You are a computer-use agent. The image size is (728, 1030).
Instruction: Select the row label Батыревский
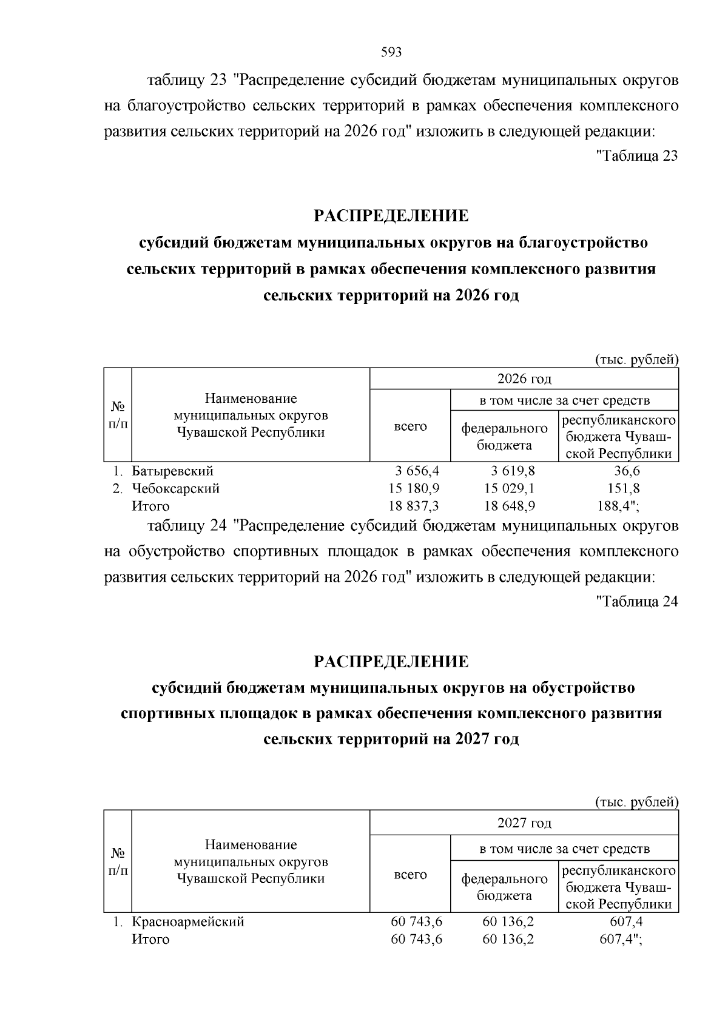click(172, 471)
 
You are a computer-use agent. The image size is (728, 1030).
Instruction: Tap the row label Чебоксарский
click(175, 488)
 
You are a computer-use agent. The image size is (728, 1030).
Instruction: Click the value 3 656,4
click(417, 471)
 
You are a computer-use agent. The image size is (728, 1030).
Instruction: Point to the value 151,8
click(624, 488)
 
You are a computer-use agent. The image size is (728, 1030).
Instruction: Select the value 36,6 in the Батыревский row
click(627, 471)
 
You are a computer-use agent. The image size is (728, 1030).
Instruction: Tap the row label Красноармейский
click(188, 921)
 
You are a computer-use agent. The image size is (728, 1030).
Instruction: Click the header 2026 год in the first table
click(524, 379)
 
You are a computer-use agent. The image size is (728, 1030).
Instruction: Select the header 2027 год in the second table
click(524, 823)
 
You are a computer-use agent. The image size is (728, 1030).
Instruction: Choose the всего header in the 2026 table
click(410, 426)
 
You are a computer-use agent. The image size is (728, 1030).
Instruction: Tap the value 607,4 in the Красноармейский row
click(627, 921)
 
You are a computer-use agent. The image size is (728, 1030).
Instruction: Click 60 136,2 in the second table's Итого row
click(508, 939)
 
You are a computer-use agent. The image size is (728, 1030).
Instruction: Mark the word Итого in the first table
click(150, 506)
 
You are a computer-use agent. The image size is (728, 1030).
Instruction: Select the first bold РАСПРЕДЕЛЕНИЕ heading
click(391, 215)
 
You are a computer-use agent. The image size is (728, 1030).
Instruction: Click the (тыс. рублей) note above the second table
click(636, 802)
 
